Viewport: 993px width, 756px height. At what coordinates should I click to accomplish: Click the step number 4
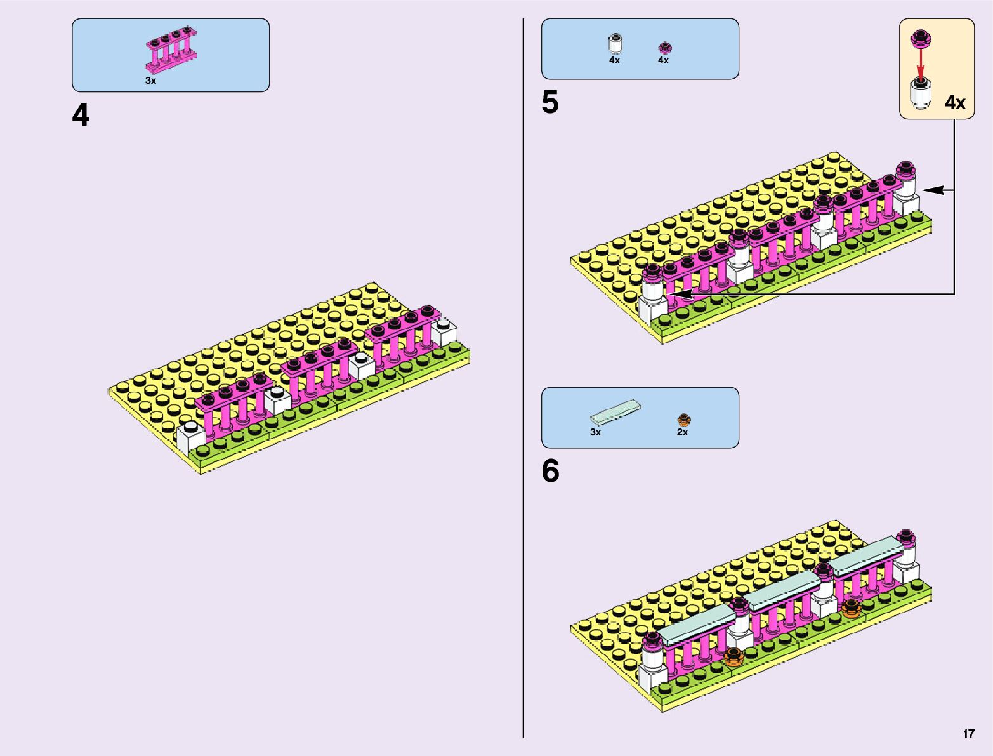(81, 116)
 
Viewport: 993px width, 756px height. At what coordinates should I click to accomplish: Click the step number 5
(550, 103)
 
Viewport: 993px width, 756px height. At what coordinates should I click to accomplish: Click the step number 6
(550, 472)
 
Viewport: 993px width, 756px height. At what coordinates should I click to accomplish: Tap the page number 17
(968, 734)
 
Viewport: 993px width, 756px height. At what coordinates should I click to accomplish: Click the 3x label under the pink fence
(150, 81)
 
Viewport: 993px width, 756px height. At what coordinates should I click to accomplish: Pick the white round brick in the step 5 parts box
(614, 44)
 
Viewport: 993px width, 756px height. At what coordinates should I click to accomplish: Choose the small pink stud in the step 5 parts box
(664, 47)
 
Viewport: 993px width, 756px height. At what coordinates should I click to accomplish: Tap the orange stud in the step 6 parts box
(683, 419)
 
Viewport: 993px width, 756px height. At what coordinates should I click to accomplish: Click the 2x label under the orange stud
(682, 432)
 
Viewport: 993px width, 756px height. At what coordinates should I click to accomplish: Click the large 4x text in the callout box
(955, 103)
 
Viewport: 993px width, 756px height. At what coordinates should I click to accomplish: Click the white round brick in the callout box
(921, 93)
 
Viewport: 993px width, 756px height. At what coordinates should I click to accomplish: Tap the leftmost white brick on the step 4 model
(190, 437)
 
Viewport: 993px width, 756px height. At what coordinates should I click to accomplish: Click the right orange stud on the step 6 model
(851, 608)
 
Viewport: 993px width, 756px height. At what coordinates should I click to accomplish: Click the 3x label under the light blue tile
(595, 432)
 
